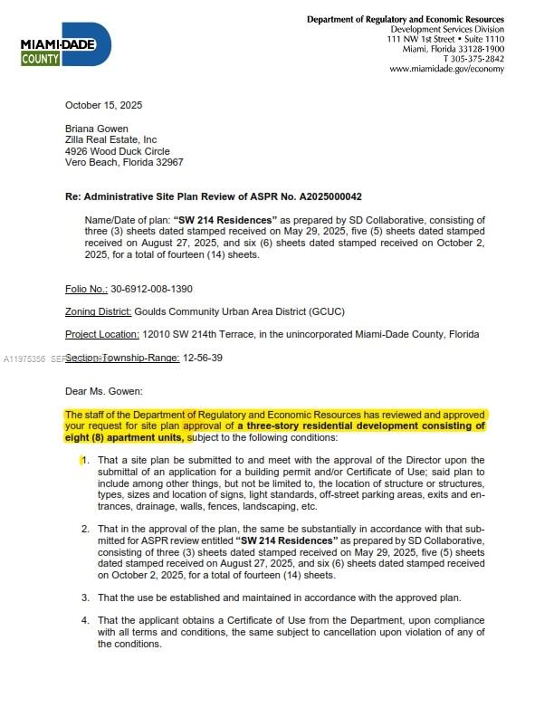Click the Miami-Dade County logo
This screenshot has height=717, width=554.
[x=65, y=46]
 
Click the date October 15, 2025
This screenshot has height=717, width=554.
[x=103, y=105]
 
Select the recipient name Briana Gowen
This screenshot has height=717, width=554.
[x=96, y=129]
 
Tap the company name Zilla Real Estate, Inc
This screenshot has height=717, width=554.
[x=110, y=139]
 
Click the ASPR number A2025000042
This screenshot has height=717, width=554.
[x=309, y=196]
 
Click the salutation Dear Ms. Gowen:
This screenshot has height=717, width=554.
[x=104, y=391]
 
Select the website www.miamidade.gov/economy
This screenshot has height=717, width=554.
[x=446, y=69]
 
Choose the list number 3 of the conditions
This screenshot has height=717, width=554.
[x=85, y=597]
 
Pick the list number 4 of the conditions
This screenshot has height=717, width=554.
[x=85, y=620]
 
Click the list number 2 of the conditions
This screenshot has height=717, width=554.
[x=85, y=528]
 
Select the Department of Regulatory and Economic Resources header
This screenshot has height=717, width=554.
[x=405, y=19]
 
